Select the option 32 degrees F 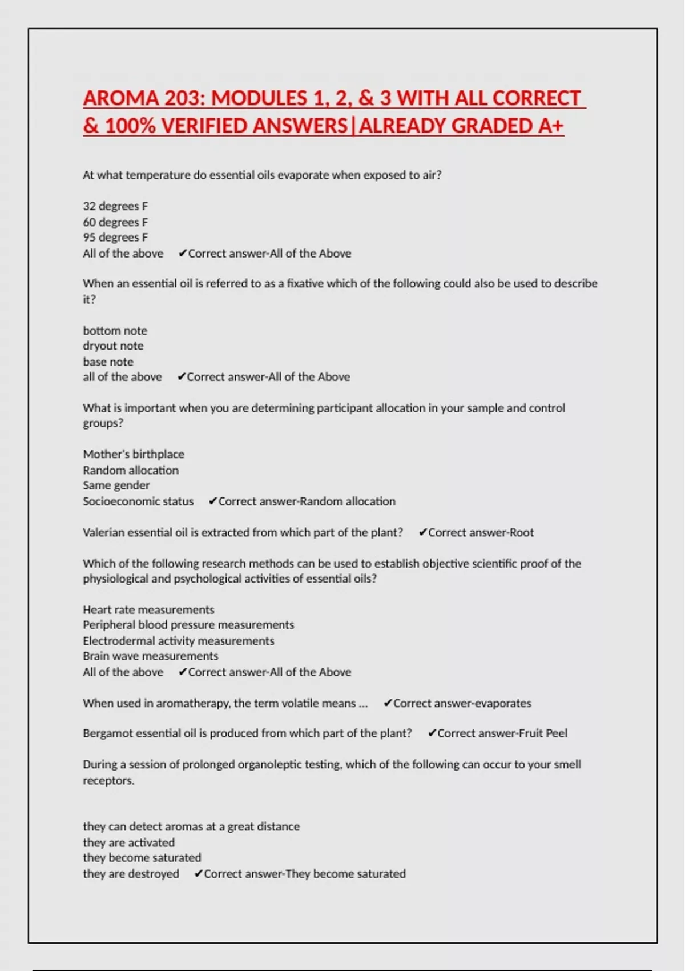point(115,206)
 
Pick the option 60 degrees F point(115,222)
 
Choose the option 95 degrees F point(115,238)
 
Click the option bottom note point(115,331)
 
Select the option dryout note point(113,346)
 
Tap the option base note point(108,362)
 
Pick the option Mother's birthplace point(134,454)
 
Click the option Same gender point(116,485)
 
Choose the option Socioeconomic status point(138,501)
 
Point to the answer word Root point(522,532)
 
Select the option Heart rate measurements point(148,610)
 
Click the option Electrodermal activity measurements point(178,641)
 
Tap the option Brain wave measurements point(150,656)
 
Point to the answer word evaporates point(502,703)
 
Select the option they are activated point(128,842)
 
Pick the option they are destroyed point(131,874)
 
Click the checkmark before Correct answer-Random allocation point(212,501)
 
